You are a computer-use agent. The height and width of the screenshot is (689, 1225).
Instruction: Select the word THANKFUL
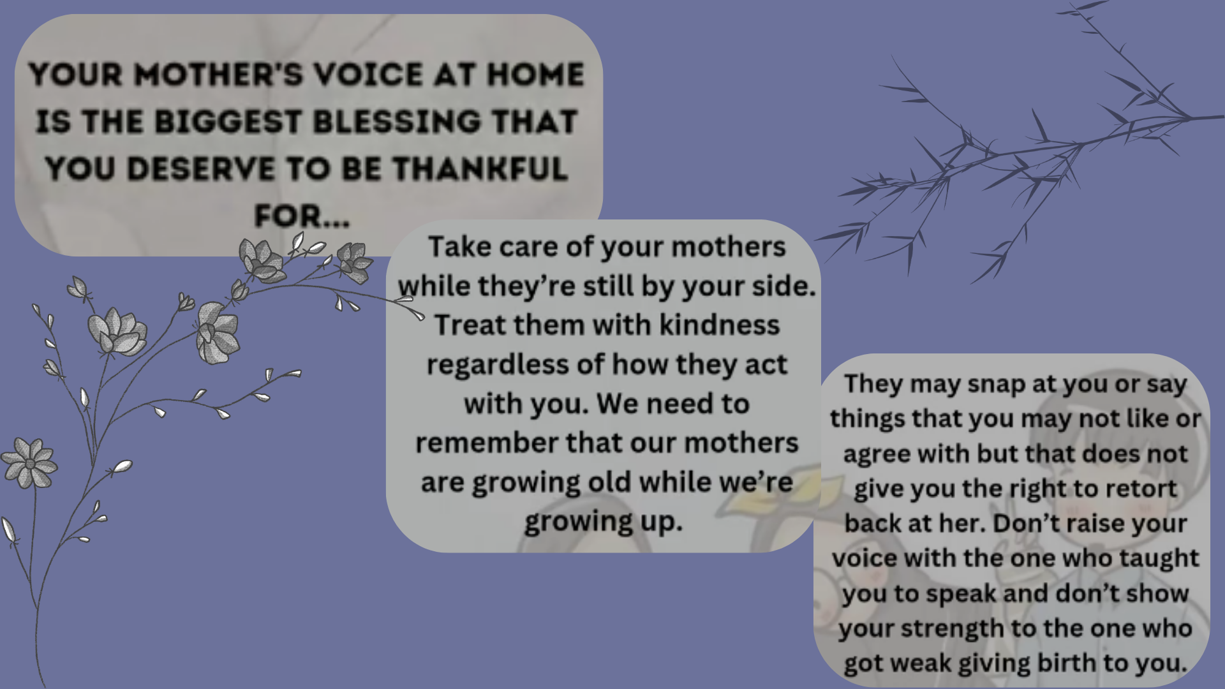pos(480,169)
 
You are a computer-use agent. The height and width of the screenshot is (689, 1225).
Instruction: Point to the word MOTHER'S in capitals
pos(219,75)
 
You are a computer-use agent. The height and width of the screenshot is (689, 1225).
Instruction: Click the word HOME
pos(536,75)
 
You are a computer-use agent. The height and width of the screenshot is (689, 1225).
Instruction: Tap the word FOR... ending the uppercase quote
pos(302,216)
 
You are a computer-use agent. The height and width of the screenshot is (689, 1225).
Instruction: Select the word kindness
pos(719,325)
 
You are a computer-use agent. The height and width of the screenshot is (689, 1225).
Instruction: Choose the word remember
pos(487,443)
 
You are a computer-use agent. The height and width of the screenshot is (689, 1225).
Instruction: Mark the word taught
pos(1159,559)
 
